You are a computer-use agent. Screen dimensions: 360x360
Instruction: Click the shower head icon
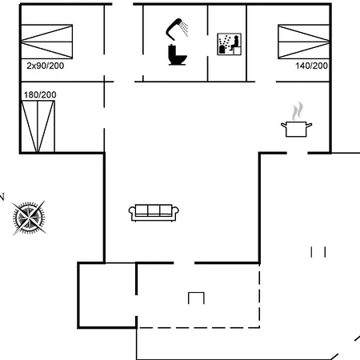click(178, 29)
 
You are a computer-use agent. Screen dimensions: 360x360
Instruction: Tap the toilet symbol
click(176, 54)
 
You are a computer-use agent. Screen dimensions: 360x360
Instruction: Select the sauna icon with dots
click(229, 44)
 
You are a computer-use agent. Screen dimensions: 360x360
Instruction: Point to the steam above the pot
click(298, 110)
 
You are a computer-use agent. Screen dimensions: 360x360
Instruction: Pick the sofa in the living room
click(154, 211)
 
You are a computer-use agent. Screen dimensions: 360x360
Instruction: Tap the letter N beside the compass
click(2, 195)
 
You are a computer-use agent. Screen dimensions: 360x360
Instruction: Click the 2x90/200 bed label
click(45, 66)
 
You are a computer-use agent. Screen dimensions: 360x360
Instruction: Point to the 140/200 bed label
click(311, 66)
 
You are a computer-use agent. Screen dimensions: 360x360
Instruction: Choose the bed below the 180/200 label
click(38, 126)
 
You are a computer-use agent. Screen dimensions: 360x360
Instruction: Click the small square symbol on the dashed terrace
click(196, 298)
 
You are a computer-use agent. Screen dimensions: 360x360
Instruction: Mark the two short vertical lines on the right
click(318, 252)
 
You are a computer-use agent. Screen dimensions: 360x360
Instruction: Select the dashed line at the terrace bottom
click(200, 326)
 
